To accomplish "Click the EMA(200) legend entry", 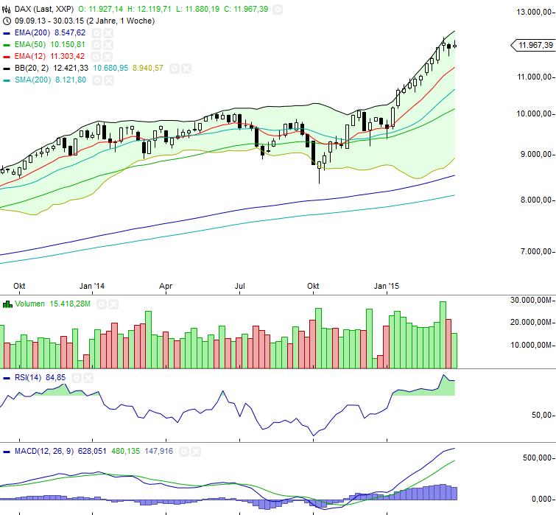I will pyautogui.click(x=28, y=33).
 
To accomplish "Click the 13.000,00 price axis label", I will pyautogui.click(x=533, y=12).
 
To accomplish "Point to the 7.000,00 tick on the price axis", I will pyautogui.click(x=535, y=252).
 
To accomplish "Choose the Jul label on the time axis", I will pyautogui.click(x=240, y=286).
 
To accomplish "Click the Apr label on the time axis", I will pyautogui.click(x=166, y=286).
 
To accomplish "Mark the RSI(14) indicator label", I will pyautogui.click(x=30, y=378).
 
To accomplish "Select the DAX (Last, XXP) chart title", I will pyautogui.click(x=39, y=9).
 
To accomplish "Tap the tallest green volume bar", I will pyautogui.click(x=443, y=334).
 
